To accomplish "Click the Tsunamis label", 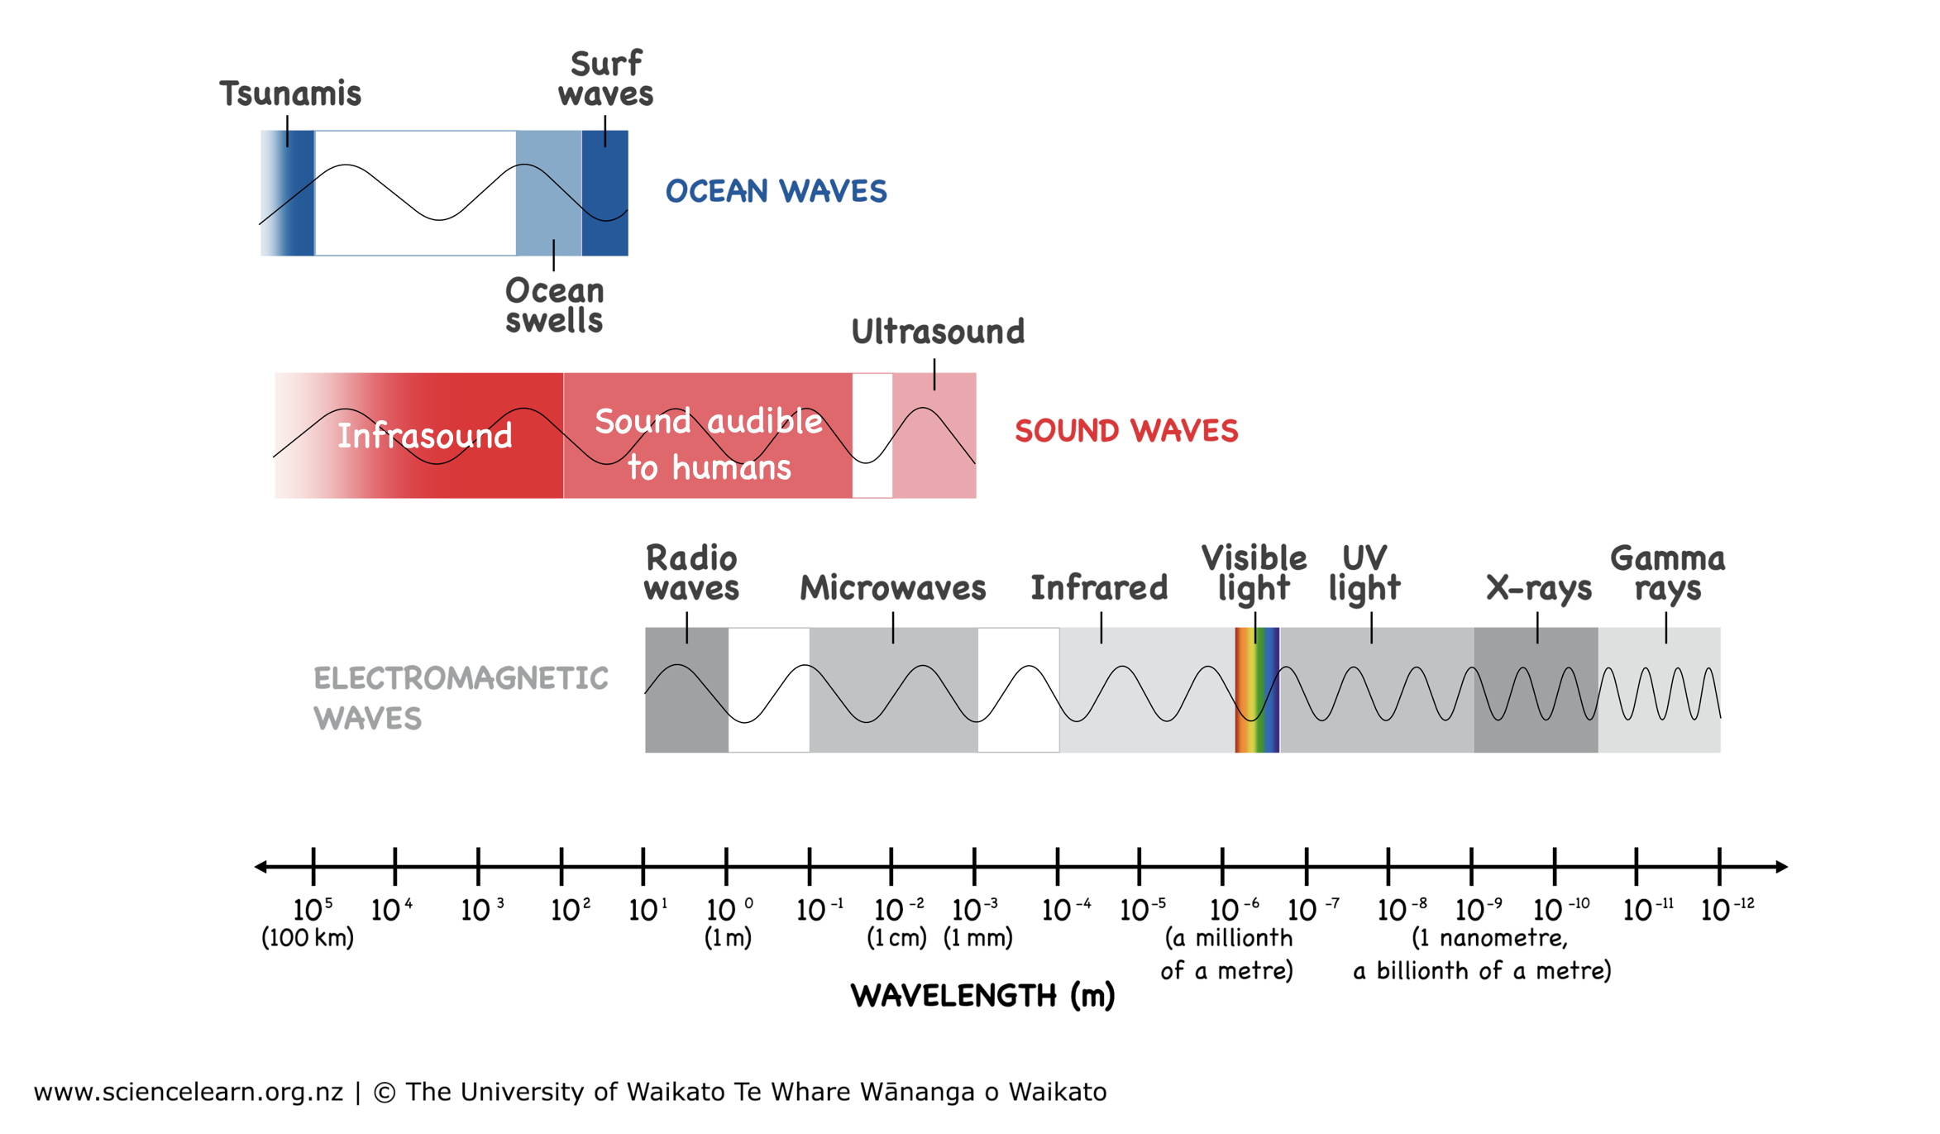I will click(290, 94).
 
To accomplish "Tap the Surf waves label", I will click(605, 79).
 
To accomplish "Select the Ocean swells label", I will click(554, 306).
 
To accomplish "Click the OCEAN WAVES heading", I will click(776, 192).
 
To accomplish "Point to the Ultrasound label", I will click(938, 333).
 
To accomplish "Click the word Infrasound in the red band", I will click(424, 437).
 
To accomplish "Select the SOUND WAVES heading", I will click(1126, 431).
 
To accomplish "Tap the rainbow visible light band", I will click(1257, 690).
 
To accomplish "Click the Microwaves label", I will click(892, 589).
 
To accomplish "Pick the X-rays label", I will click(1538, 589).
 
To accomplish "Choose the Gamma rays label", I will click(1667, 574).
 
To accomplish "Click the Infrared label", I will click(1099, 589).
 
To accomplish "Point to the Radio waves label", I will click(691, 574).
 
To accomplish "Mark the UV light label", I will click(1364, 574).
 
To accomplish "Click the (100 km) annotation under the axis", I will click(308, 938).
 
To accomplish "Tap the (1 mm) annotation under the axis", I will click(977, 938).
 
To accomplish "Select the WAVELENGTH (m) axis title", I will click(982, 996).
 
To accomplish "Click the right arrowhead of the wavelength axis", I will click(1781, 867).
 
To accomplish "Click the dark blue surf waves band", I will click(604, 194).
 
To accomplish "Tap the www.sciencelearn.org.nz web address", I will click(189, 1092).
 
